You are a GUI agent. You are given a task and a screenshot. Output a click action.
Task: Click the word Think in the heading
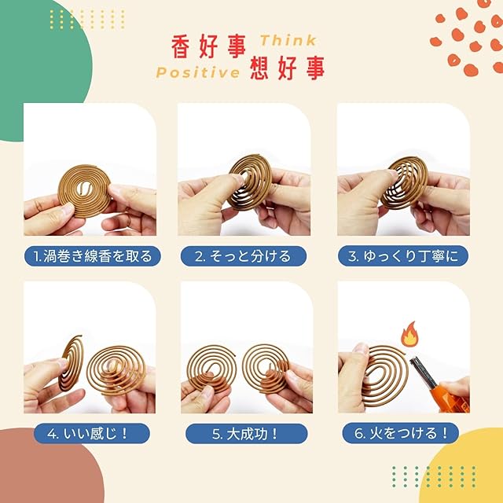(x=288, y=41)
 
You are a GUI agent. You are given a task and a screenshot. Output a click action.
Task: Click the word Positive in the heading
(x=198, y=72)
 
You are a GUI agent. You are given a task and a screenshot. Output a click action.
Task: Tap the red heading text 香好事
(x=208, y=47)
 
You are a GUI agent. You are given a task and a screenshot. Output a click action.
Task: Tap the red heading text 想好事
(x=287, y=68)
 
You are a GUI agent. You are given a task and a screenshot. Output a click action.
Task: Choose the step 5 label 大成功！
(x=246, y=434)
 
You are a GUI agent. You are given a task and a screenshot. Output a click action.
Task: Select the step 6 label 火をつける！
(x=400, y=433)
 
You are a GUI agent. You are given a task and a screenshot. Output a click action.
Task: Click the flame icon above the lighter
(x=409, y=334)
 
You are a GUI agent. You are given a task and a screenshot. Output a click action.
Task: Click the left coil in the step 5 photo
(x=211, y=367)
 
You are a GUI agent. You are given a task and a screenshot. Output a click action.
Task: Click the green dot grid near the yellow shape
(x=434, y=477)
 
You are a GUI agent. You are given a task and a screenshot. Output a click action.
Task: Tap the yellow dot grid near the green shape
(x=87, y=19)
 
